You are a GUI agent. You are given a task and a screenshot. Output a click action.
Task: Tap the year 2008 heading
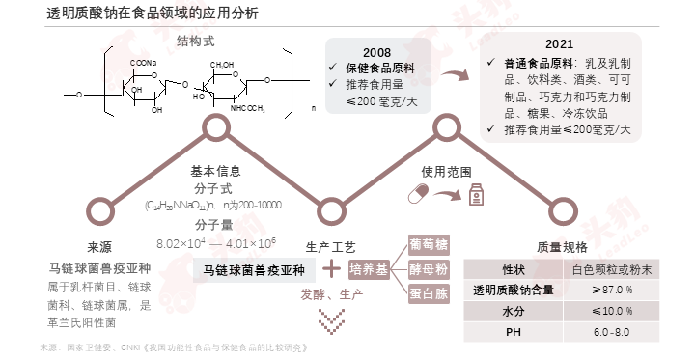coord(377,51)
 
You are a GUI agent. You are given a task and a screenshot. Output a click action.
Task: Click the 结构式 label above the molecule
coord(195,41)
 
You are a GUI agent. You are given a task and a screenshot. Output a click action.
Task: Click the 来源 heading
coord(99,246)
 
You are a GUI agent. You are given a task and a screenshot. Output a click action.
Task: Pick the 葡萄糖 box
coord(428,245)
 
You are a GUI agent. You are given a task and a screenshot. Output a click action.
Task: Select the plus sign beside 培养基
coord(331,269)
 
